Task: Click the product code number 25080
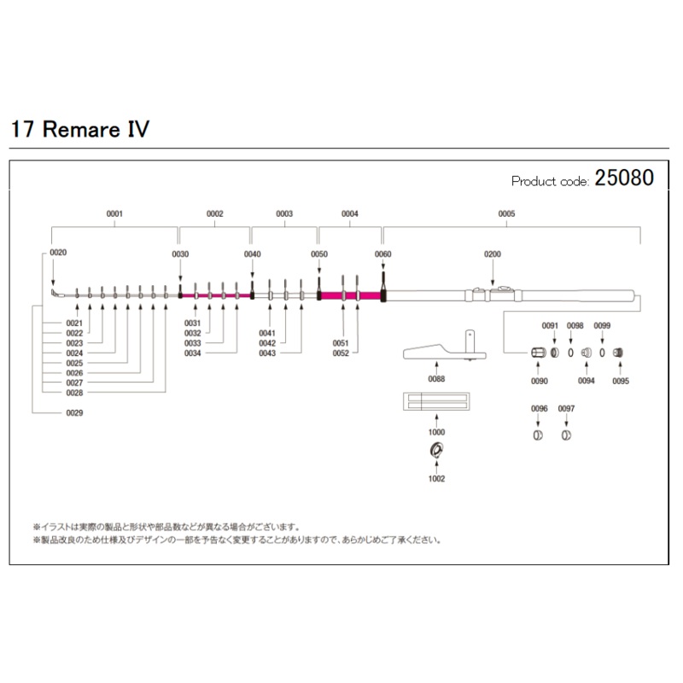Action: [624, 178]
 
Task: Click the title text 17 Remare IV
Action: [80, 130]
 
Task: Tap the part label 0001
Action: [115, 213]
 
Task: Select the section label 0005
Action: [506, 213]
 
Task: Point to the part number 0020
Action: [58, 253]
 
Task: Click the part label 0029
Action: [75, 413]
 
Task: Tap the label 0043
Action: [266, 353]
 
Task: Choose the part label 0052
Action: [341, 353]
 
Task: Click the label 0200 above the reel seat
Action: [493, 254]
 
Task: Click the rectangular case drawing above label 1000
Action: [436, 401]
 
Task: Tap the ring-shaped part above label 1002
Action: [436, 451]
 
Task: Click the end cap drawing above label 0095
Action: [621, 353]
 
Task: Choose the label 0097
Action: [566, 409]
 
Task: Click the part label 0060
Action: [383, 254]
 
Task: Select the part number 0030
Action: [180, 254]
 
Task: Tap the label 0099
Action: [602, 325]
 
